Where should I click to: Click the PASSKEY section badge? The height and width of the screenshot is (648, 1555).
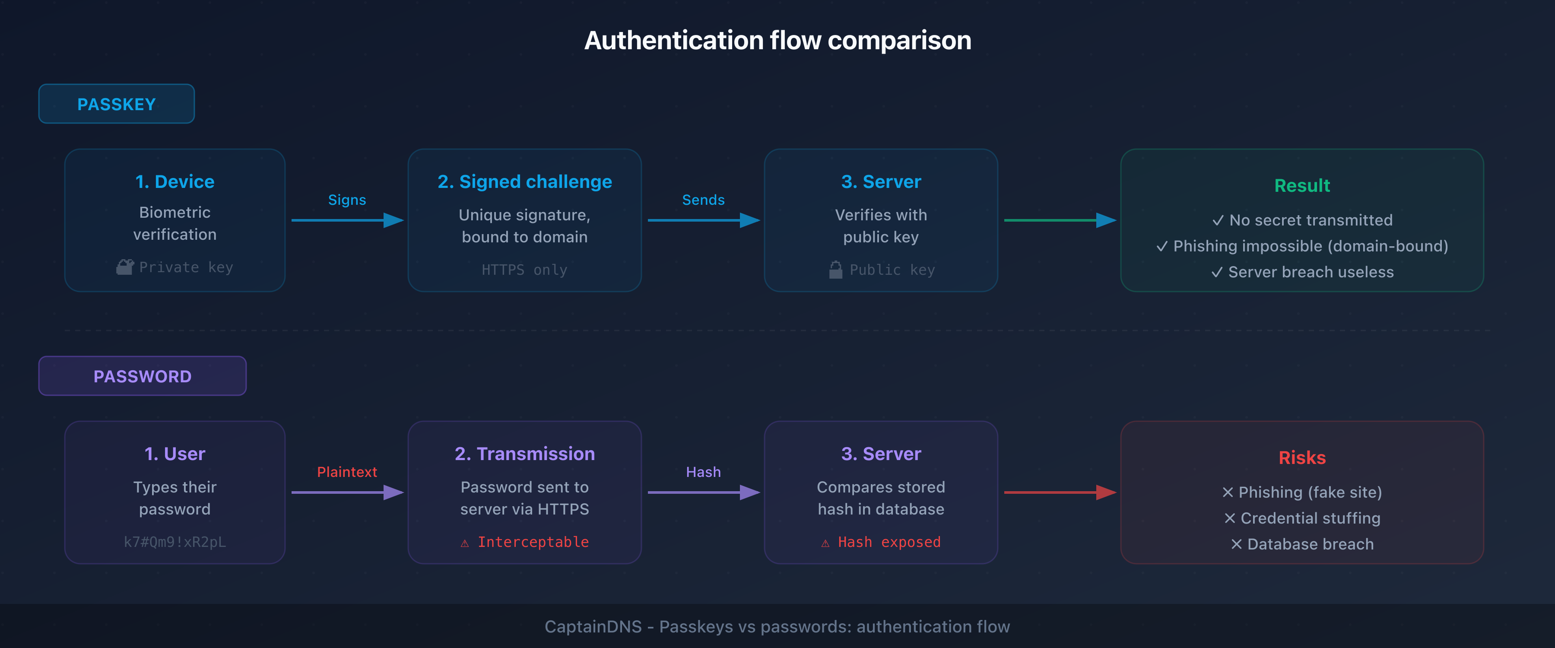[117, 104]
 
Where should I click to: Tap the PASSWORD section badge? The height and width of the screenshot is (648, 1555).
[143, 376]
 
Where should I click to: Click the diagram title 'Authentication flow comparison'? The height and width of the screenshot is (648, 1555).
[777, 41]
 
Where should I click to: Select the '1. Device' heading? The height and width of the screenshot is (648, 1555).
[175, 182]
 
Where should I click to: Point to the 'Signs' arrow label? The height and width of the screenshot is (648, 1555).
[347, 200]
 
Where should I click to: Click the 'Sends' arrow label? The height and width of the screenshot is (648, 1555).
[703, 200]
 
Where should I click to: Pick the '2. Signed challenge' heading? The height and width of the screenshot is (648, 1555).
[524, 182]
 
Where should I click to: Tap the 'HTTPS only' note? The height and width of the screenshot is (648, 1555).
[524, 270]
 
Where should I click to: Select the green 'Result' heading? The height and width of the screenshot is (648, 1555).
[1301, 185]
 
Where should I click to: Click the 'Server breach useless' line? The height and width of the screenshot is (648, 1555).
[1302, 272]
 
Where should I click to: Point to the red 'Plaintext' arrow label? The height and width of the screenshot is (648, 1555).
[347, 472]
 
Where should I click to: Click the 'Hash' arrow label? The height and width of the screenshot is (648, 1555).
[703, 472]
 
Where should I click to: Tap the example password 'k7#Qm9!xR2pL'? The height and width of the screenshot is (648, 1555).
[175, 542]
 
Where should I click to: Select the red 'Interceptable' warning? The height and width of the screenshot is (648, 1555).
[533, 542]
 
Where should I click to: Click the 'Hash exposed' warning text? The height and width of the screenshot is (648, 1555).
[889, 542]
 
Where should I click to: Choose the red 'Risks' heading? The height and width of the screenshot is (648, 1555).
[1302, 458]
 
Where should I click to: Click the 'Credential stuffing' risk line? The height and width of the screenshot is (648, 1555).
[1302, 518]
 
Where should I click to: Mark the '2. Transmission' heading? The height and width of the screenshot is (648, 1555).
[524, 454]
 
